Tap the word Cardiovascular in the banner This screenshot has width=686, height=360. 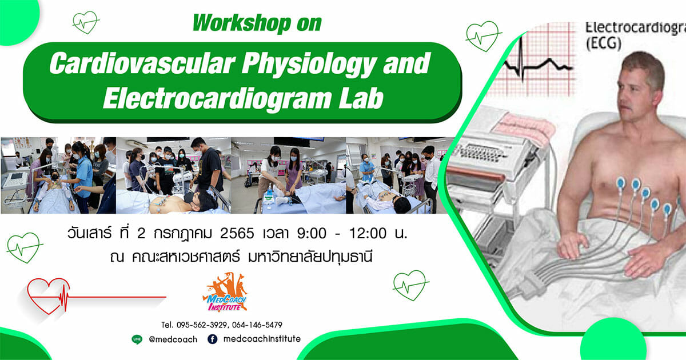pos(142,63)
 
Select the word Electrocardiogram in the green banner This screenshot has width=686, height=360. pos(217,98)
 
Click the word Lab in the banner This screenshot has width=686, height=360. pos(361,98)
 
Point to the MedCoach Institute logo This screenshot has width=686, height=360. pos(225,293)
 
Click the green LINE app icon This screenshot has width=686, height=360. pos(137,339)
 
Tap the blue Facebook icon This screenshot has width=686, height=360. pos(213,339)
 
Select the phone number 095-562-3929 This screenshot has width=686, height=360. pos(202,325)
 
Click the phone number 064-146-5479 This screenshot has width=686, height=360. pos(257,325)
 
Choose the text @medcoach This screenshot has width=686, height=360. pos(173,339)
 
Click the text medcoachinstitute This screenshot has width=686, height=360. pos(262,339)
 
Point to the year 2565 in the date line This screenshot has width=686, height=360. pos(237,234)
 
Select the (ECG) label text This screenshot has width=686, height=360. pos(604,43)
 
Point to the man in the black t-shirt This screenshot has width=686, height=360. pos(209,165)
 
